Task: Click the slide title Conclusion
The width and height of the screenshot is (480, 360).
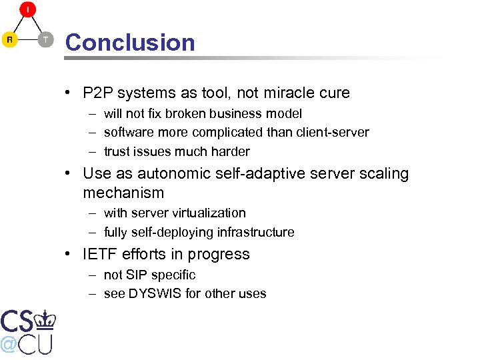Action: coord(130,43)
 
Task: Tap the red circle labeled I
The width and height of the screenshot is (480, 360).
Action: coord(27,10)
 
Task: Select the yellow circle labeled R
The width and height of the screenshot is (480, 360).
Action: coord(10,40)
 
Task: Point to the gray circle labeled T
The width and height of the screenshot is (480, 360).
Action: coord(45,40)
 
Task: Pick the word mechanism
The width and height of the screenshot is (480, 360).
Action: coord(123,193)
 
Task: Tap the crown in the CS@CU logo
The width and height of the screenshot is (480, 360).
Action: coord(45,319)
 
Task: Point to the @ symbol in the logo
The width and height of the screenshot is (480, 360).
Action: coord(9,343)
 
